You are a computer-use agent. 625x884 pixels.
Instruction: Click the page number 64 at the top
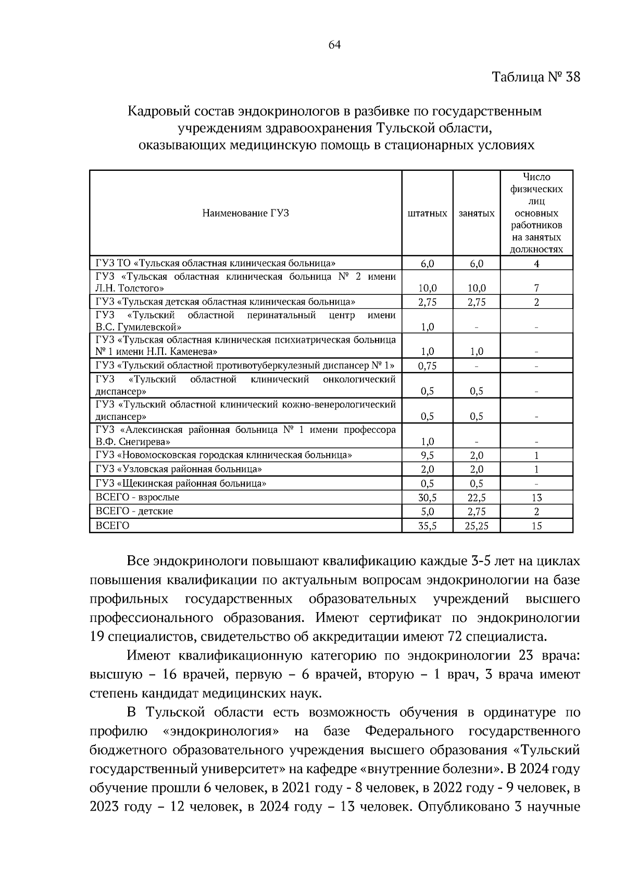pyautogui.click(x=334, y=45)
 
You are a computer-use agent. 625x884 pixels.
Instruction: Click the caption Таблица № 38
pyautogui.click(x=535, y=78)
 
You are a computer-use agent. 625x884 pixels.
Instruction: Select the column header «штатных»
pyautogui.click(x=427, y=214)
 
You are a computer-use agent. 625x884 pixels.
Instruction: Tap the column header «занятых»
pyautogui.click(x=477, y=214)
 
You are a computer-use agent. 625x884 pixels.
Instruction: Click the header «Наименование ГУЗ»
pyautogui.click(x=245, y=213)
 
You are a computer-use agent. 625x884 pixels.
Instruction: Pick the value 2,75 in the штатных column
pyautogui.click(x=427, y=302)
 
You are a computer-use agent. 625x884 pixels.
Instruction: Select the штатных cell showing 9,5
pyautogui.click(x=427, y=456)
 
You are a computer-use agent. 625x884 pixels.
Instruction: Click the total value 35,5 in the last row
pyautogui.click(x=427, y=526)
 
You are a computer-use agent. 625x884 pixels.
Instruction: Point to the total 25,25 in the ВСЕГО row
pyautogui.click(x=477, y=526)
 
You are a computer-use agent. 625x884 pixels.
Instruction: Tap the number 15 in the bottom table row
pyautogui.click(x=536, y=526)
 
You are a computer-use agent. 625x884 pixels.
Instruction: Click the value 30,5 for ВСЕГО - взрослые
pyautogui.click(x=427, y=498)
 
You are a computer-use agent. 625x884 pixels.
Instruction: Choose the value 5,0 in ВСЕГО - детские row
pyautogui.click(x=427, y=512)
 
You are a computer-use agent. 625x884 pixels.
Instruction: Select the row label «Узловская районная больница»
pyautogui.click(x=179, y=469)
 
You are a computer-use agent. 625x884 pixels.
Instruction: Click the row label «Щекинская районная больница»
pyautogui.click(x=181, y=483)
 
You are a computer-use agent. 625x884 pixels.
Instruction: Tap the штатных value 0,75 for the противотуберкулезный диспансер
pyautogui.click(x=427, y=366)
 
